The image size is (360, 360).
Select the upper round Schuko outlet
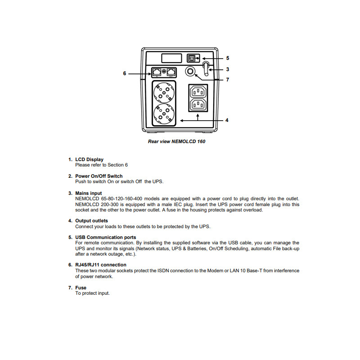(x=164, y=93)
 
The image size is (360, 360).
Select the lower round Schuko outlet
(x=164, y=113)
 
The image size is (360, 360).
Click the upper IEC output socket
(x=198, y=92)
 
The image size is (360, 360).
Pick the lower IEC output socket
(x=198, y=105)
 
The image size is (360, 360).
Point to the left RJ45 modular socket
(x=157, y=72)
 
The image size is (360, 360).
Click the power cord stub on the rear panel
(x=206, y=69)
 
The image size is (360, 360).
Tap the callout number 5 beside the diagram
(x=228, y=58)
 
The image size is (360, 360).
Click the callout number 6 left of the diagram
(x=125, y=73)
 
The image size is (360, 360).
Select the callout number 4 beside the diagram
(x=227, y=120)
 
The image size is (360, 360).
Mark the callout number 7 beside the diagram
(x=228, y=80)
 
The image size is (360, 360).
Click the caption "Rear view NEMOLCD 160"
(x=177, y=141)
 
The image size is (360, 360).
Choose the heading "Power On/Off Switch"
(x=99, y=176)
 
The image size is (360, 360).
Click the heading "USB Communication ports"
(x=105, y=237)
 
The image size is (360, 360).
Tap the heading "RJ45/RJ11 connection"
(x=101, y=265)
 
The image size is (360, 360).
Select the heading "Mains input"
(x=89, y=193)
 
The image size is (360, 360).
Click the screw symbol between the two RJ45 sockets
(x=164, y=72)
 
